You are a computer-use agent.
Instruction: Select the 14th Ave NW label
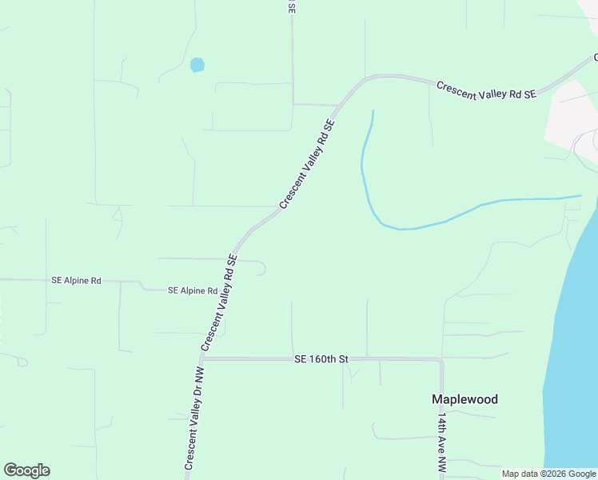(x=441, y=442)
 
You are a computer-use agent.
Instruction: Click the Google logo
(x=26, y=470)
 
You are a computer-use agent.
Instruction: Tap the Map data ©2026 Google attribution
(x=549, y=474)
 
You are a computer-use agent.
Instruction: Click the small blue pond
(x=197, y=65)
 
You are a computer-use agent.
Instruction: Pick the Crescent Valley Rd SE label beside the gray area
(x=485, y=90)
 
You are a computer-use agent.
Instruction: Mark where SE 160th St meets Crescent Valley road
(x=201, y=358)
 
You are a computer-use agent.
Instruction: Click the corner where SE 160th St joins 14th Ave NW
(x=441, y=359)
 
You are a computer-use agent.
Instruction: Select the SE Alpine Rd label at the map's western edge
(x=76, y=281)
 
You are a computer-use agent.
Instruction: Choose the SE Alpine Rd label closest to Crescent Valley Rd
(x=193, y=291)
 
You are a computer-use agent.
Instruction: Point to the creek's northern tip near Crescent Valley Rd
(x=373, y=111)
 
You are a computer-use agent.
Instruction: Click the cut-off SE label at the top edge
(x=292, y=6)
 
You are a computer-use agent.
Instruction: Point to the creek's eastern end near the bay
(x=580, y=195)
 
